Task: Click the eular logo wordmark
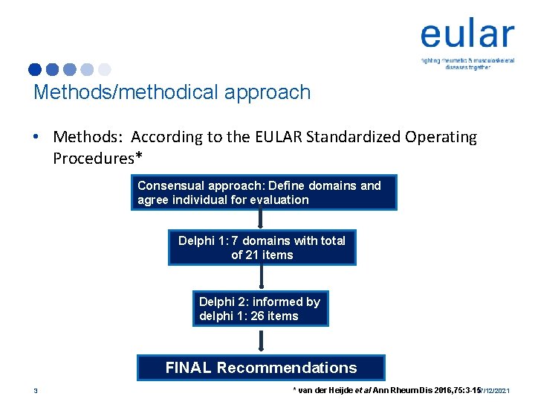(x=467, y=35)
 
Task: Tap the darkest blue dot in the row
(x=35, y=69)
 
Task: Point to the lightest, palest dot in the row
(x=104, y=69)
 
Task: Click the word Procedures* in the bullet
(x=97, y=159)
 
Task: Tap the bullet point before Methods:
(x=36, y=138)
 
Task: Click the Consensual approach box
(x=264, y=193)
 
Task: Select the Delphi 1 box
(x=262, y=247)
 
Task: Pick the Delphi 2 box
(x=259, y=308)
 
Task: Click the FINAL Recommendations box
(x=261, y=368)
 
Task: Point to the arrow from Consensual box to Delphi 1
(x=261, y=220)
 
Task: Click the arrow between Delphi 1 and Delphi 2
(x=261, y=277)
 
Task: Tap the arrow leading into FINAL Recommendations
(x=261, y=341)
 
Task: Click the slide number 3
(x=35, y=390)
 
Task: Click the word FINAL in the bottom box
(x=189, y=368)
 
